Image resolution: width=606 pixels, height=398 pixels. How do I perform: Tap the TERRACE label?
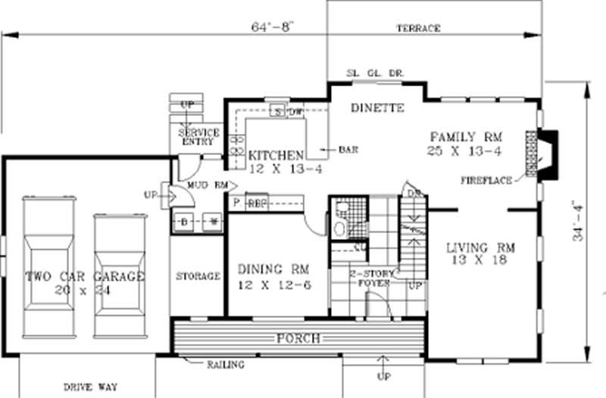pyautogui.click(x=418, y=28)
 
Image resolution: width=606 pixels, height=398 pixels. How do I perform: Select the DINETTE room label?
pyautogui.click(x=378, y=108)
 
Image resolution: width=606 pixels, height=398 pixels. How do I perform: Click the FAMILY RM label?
pyautogui.click(x=466, y=137)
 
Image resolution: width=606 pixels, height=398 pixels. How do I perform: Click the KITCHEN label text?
pyautogui.click(x=276, y=154)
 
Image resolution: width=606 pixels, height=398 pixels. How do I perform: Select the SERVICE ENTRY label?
pyautogui.click(x=198, y=137)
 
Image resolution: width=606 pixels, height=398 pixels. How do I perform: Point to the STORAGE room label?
pyautogui.click(x=198, y=276)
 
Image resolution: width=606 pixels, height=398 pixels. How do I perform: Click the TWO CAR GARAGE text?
pyautogui.click(x=83, y=276)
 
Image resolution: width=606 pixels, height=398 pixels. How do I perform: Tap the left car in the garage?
pyautogui.click(x=47, y=265)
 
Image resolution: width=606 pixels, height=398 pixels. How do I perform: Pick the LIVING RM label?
pyautogui.click(x=480, y=247)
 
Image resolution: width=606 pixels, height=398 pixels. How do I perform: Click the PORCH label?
pyautogui.click(x=298, y=337)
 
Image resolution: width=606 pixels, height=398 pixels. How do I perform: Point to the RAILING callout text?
pyautogui.click(x=226, y=365)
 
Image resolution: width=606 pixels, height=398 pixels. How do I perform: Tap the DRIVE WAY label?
pyautogui.click(x=90, y=387)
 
